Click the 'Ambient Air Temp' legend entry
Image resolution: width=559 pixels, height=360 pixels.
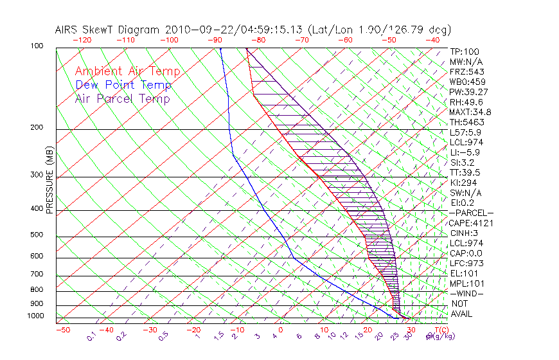[x=127, y=71]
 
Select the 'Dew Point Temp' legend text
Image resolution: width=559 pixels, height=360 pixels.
[x=123, y=85]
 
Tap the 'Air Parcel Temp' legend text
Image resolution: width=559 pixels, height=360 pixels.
[x=122, y=98]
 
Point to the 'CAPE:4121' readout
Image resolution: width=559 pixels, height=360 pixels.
[x=470, y=223]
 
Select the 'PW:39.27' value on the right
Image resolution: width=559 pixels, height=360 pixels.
[x=468, y=92]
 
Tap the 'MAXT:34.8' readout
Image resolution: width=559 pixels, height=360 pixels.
[x=470, y=112]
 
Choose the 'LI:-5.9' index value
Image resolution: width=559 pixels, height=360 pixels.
[x=465, y=152]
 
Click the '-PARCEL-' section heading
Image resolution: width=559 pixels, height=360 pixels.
[x=471, y=213]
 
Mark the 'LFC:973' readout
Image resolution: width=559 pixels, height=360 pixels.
[x=466, y=264]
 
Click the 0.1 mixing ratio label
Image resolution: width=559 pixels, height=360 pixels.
[x=91, y=336]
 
